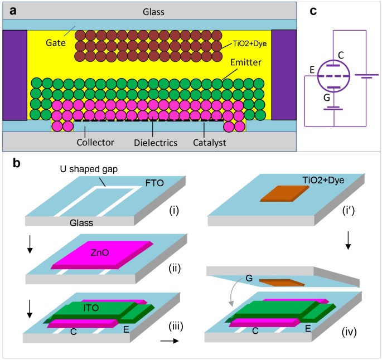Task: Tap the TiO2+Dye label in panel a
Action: coord(251,43)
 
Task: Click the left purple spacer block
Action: coord(14,75)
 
